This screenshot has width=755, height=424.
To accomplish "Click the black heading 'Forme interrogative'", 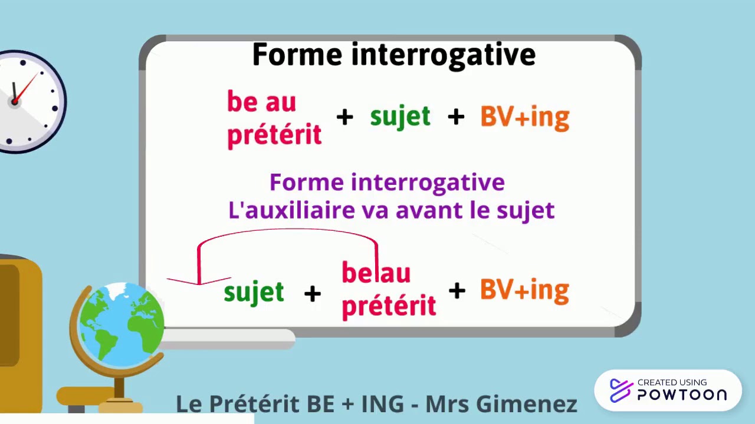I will pos(393,55).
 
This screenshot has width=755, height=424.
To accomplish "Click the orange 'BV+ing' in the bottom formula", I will pos(524,290).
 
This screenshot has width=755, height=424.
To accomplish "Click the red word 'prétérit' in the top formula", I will pos(274,135).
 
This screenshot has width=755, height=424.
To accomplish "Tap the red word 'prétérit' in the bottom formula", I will pos(389,306).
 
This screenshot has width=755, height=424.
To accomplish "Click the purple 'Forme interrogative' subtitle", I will pos(387,183).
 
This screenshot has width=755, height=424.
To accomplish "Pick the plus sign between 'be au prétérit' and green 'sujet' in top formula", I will pos(344,117).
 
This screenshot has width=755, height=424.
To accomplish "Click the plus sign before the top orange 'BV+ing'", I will pos(455,117).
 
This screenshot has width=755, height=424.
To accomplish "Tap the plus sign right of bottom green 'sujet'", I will pos(312,293).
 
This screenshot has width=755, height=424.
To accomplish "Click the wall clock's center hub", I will pos(14,102).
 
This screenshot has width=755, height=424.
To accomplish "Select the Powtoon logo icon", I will pos(621,390).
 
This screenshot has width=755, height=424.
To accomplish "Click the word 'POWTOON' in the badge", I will pos(681,395).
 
